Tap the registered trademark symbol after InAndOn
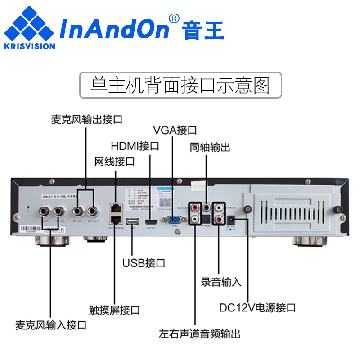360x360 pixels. coord(174,18)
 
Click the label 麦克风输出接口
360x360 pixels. coord(86,120)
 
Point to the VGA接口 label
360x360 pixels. coord(175,130)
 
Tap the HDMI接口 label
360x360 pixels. coord(135,146)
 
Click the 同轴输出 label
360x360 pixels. coord(210,147)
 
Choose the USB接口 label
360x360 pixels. coord(144,263)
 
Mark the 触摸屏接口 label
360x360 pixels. coord(114,310)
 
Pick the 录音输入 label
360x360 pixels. coord(221,283)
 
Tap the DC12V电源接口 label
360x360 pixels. coord(257,308)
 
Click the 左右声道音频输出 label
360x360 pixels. coord(200,334)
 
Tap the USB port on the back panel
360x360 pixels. coord(132,221)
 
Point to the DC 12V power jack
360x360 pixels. coord(232,218)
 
